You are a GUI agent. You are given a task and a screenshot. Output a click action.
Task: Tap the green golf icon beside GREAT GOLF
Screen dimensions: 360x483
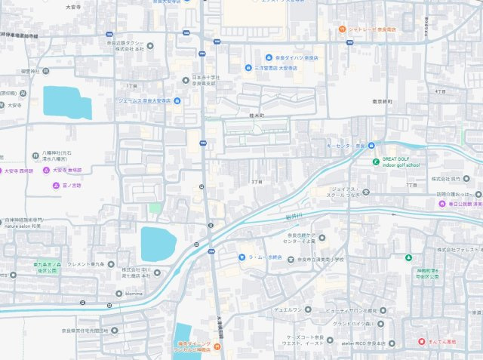pos(376,160)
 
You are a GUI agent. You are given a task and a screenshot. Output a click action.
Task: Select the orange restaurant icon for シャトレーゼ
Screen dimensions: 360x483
pos(342,29)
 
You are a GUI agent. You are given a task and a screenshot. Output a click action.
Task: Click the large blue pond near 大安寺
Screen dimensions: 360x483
pos(66,103)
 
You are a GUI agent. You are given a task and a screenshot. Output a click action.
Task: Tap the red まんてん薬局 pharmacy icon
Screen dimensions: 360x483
pos(421,341)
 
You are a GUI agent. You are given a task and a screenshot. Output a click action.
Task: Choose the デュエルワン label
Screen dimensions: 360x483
pos(288,309)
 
